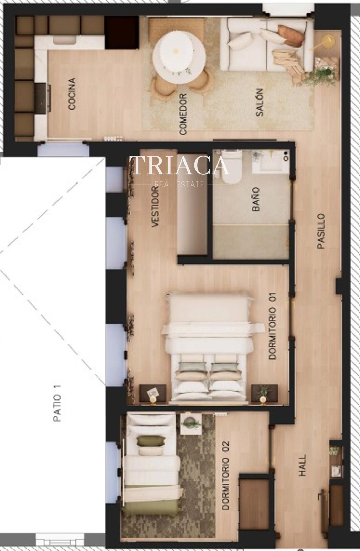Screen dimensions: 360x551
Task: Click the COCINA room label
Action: [x=72, y=94]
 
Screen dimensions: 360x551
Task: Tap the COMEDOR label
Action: [x=183, y=114]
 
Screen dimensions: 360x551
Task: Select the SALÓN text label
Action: [x=260, y=102]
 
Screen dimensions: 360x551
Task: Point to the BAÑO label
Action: [x=256, y=199]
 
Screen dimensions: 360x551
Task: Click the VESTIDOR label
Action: [x=156, y=207]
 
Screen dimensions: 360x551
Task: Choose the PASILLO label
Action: [x=321, y=231]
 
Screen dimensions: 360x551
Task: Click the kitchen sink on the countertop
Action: [x=65, y=40]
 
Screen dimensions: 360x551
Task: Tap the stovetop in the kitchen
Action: [x=41, y=98]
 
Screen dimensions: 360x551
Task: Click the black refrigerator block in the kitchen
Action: [x=122, y=32]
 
